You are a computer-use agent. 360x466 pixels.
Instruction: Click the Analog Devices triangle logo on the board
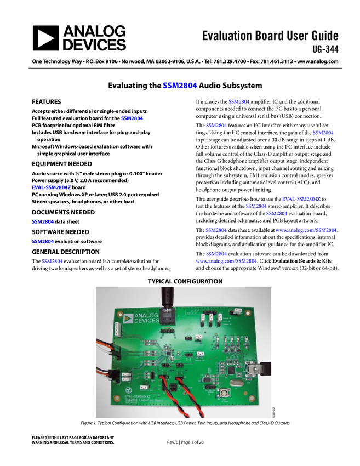(129, 319)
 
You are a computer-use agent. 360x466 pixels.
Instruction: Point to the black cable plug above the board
(167, 297)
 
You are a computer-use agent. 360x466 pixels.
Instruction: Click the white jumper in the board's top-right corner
(237, 312)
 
